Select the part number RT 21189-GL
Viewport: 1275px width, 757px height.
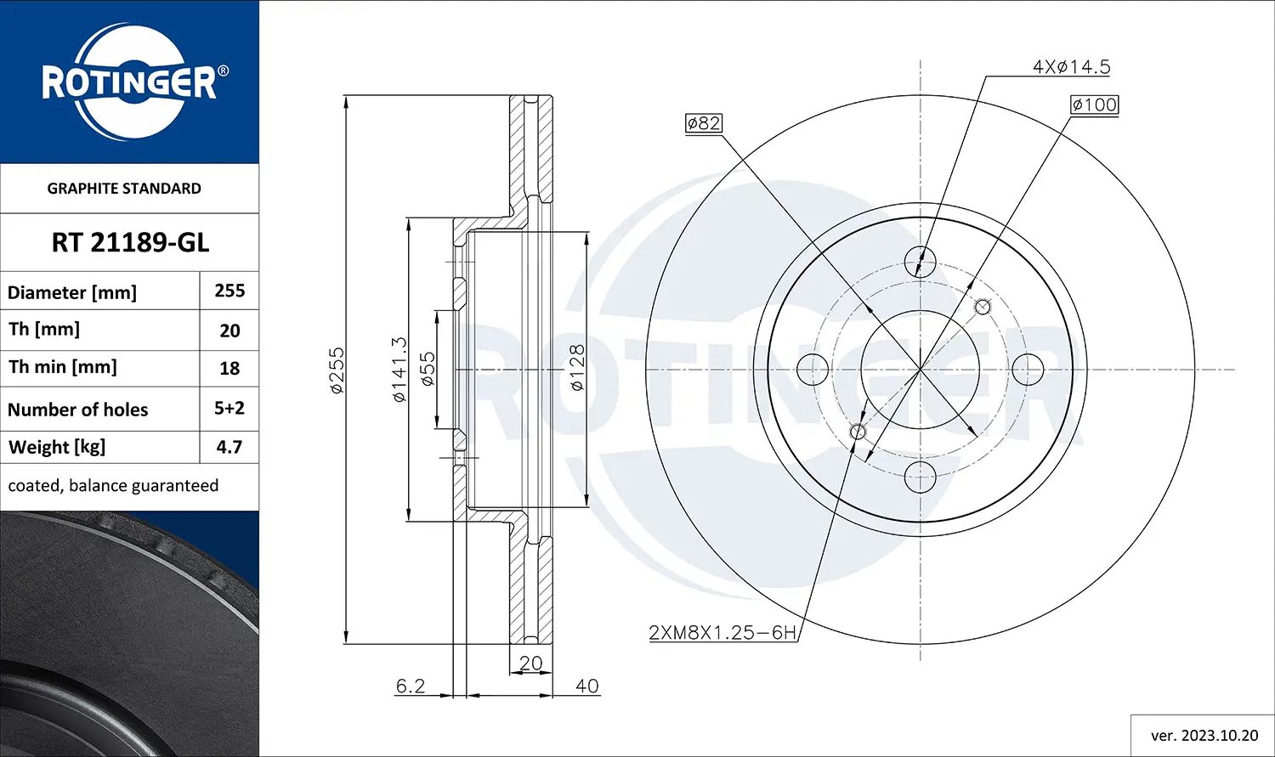[x=130, y=243]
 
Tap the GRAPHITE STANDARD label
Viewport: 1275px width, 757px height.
[x=124, y=189]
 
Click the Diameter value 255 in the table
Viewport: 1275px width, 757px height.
[x=229, y=291]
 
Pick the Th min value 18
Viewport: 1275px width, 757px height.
[x=229, y=369]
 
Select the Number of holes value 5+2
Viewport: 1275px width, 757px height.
[x=229, y=408]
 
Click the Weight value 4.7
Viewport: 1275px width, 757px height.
[x=229, y=447]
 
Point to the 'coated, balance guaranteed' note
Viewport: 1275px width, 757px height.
[x=113, y=486]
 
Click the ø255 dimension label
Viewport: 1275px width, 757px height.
[x=337, y=370]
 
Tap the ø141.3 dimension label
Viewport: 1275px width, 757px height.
[x=399, y=370]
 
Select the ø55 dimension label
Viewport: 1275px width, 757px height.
[x=428, y=370]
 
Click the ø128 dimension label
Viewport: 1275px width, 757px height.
[x=577, y=367]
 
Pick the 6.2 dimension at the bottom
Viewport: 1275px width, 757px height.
[x=411, y=686]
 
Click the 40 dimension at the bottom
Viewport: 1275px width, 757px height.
[x=586, y=686]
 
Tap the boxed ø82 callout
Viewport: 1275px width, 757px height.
[x=704, y=123]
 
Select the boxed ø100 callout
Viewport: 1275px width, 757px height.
[x=1094, y=105]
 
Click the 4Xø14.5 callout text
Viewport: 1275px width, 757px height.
[x=1071, y=67]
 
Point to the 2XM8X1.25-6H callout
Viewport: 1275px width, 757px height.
[x=722, y=632]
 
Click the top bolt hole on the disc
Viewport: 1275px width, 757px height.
[x=921, y=260]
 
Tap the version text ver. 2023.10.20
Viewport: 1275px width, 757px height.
[x=1204, y=736]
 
